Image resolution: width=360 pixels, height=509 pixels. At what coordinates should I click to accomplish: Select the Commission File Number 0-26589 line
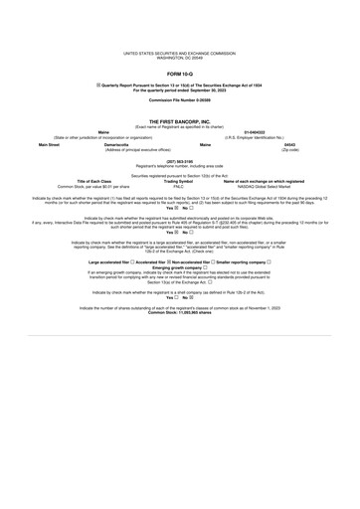click(180, 100)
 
